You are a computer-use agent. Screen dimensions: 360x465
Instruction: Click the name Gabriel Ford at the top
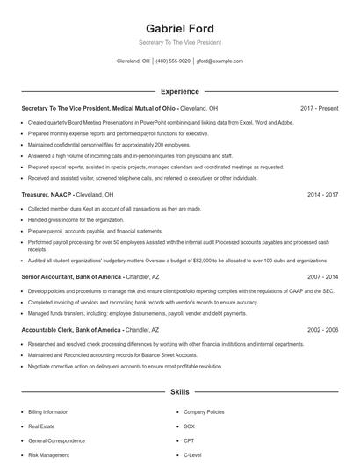pyautogui.click(x=179, y=28)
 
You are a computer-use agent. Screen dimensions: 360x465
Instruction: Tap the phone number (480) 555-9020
pyautogui.click(x=173, y=61)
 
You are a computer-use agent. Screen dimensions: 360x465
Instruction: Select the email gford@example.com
pyautogui.click(x=220, y=61)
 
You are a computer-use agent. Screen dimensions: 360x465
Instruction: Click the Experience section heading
pyautogui.click(x=179, y=91)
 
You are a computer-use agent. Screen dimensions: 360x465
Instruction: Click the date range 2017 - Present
pyautogui.click(x=319, y=108)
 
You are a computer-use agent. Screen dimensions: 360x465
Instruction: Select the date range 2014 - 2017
pyautogui.click(x=322, y=194)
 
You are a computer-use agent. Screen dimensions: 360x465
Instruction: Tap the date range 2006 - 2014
pyautogui.click(x=322, y=275)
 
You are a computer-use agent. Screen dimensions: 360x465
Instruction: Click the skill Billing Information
pyautogui.click(x=48, y=411)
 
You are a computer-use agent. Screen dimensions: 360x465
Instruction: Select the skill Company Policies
pyautogui.click(x=204, y=411)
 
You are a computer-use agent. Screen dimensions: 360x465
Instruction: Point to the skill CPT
pyautogui.click(x=188, y=441)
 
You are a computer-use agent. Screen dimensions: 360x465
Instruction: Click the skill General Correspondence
pyautogui.click(x=57, y=441)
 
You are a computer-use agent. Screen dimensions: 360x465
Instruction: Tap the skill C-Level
pyautogui.click(x=192, y=456)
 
